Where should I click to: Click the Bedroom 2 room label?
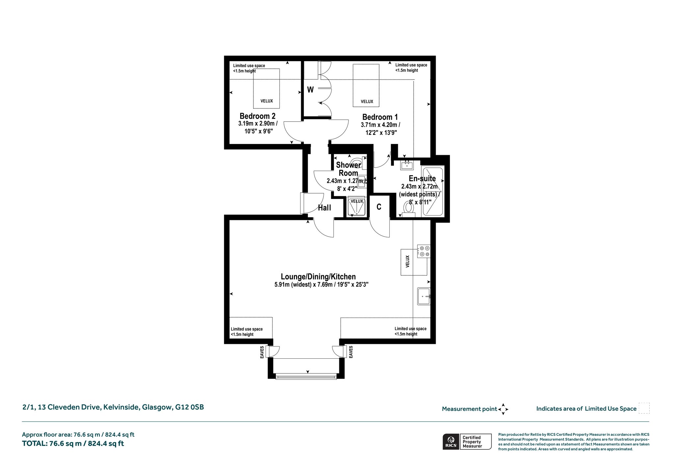coord(257,116)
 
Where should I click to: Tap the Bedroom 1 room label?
coord(380,117)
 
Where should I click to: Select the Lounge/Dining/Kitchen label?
coord(318,277)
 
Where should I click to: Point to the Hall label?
coord(324,208)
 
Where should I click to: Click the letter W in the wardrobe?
coord(310,90)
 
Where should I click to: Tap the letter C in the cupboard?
coord(379,207)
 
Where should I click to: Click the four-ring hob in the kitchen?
coord(424,251)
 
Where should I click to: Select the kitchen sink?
coord(424,296)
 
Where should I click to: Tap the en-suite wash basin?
coord(407,164)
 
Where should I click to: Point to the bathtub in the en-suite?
coord(433,191)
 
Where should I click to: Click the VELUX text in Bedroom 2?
coord(267,101)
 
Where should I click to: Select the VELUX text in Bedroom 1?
coord(367,102)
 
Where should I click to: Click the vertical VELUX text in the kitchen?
coord(407,261)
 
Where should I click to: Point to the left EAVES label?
coord(262,352)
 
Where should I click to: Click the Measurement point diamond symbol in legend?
coord(503,409)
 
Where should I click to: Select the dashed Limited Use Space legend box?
coord(644,408)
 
